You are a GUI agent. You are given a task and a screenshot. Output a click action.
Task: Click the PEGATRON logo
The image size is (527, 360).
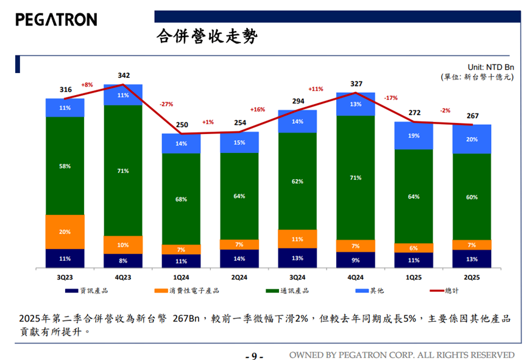[56, 19]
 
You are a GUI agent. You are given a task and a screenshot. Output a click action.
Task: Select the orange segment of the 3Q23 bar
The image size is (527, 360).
[65, 231]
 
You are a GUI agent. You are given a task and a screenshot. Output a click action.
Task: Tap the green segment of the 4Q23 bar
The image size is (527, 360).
[123, 171]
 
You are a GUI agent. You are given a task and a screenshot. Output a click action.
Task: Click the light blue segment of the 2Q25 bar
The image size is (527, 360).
[472, 139]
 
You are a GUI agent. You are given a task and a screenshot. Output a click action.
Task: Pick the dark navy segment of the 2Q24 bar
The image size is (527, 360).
[239, 259]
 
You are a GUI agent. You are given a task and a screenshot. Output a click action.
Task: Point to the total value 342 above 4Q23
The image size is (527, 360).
[123, 76]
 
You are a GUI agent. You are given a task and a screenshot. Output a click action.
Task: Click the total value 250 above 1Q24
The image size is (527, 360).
[182, 125]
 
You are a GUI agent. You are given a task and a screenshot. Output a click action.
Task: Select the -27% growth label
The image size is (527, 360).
[166, 104]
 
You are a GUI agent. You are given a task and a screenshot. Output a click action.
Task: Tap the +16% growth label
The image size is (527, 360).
[258, 110]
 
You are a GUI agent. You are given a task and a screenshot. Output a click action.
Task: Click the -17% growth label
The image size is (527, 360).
[391, 97]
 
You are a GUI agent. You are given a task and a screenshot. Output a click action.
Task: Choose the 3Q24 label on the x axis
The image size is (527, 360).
[297, 277]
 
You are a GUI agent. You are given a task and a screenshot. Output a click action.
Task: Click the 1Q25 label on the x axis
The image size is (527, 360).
[414, 277]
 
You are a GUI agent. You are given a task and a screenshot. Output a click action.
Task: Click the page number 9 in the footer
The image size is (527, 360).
[254, 356]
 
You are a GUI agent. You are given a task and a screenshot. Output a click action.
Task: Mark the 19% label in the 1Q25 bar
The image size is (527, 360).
[414, 136]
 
